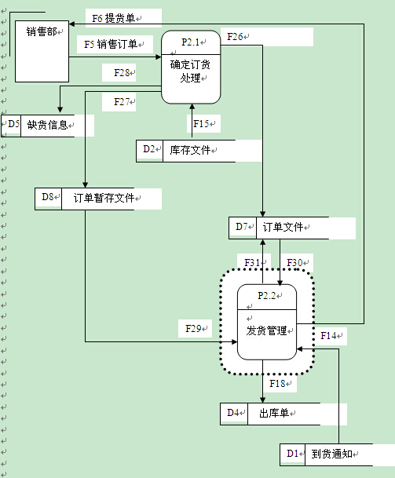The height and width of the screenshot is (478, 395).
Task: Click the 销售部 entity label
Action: tap(42, 31)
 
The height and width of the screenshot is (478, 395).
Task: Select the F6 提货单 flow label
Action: tap(113, 18)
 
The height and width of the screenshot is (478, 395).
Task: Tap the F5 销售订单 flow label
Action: tap(111, 44)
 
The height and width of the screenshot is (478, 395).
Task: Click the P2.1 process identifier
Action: tap(190, 42)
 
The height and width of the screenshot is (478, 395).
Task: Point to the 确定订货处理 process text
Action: tap(190, 71)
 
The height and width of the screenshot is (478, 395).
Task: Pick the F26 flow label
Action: tap(235, 37)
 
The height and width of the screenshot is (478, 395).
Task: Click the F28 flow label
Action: tap(122, 72)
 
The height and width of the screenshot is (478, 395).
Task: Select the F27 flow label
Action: tap(122, 101)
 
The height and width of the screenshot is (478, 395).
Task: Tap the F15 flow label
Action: tap(201, 123)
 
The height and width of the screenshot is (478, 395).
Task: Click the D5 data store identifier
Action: tap(13, 124)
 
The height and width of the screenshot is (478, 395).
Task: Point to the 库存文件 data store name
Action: tap(190, 150)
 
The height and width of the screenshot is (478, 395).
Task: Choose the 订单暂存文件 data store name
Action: tap(104, 198)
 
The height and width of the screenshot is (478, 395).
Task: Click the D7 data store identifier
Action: tap(242, 227)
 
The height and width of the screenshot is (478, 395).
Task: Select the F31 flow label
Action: tap(252, 262)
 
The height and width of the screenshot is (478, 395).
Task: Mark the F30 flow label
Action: tap(294, 262)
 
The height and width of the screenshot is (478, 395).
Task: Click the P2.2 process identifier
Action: tap(266, 295)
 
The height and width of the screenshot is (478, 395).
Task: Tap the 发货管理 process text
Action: tap(266, 330)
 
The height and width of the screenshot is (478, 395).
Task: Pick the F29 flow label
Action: tap(193, 328)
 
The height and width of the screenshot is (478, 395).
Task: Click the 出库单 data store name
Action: tap(274, 413)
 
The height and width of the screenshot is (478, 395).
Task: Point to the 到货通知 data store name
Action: tap(332, 454)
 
